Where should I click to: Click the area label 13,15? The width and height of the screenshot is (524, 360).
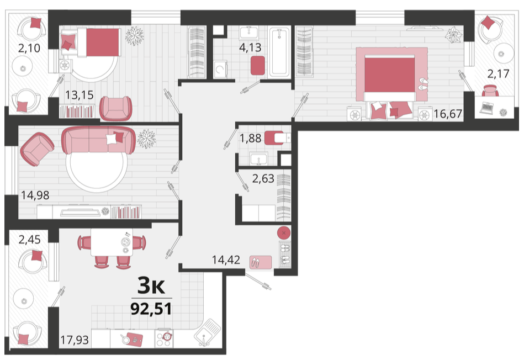click(79, 95)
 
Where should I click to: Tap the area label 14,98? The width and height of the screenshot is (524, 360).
click(35, 195)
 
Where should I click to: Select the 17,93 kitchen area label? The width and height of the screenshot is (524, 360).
click(75, 340)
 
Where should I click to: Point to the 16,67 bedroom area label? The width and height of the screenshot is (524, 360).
click(448, 114)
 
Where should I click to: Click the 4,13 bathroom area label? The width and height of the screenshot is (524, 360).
click(250, 47)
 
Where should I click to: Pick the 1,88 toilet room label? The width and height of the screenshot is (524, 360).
click(250, 137)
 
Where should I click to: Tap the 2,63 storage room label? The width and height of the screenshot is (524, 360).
click(263, 178)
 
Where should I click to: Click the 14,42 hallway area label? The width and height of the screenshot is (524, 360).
click(226, 260)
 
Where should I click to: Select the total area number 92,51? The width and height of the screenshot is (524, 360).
click(151, 309)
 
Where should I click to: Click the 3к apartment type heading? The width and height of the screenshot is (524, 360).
click(151, 286)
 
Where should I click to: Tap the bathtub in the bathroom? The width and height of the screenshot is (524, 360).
click(280, 52)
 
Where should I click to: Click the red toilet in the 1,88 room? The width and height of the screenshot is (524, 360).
click(274, 137)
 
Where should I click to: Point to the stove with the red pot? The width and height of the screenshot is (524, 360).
click(164, 338)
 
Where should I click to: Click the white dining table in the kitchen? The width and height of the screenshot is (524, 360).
click(112, 242)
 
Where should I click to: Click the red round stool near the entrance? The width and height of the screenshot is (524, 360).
click(284, 233)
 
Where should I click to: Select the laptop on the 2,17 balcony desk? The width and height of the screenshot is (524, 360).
click(487, 108)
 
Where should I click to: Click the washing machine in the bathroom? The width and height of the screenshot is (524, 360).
click(220, 69)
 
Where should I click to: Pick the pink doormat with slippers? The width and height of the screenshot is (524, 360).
click(261, 262)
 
